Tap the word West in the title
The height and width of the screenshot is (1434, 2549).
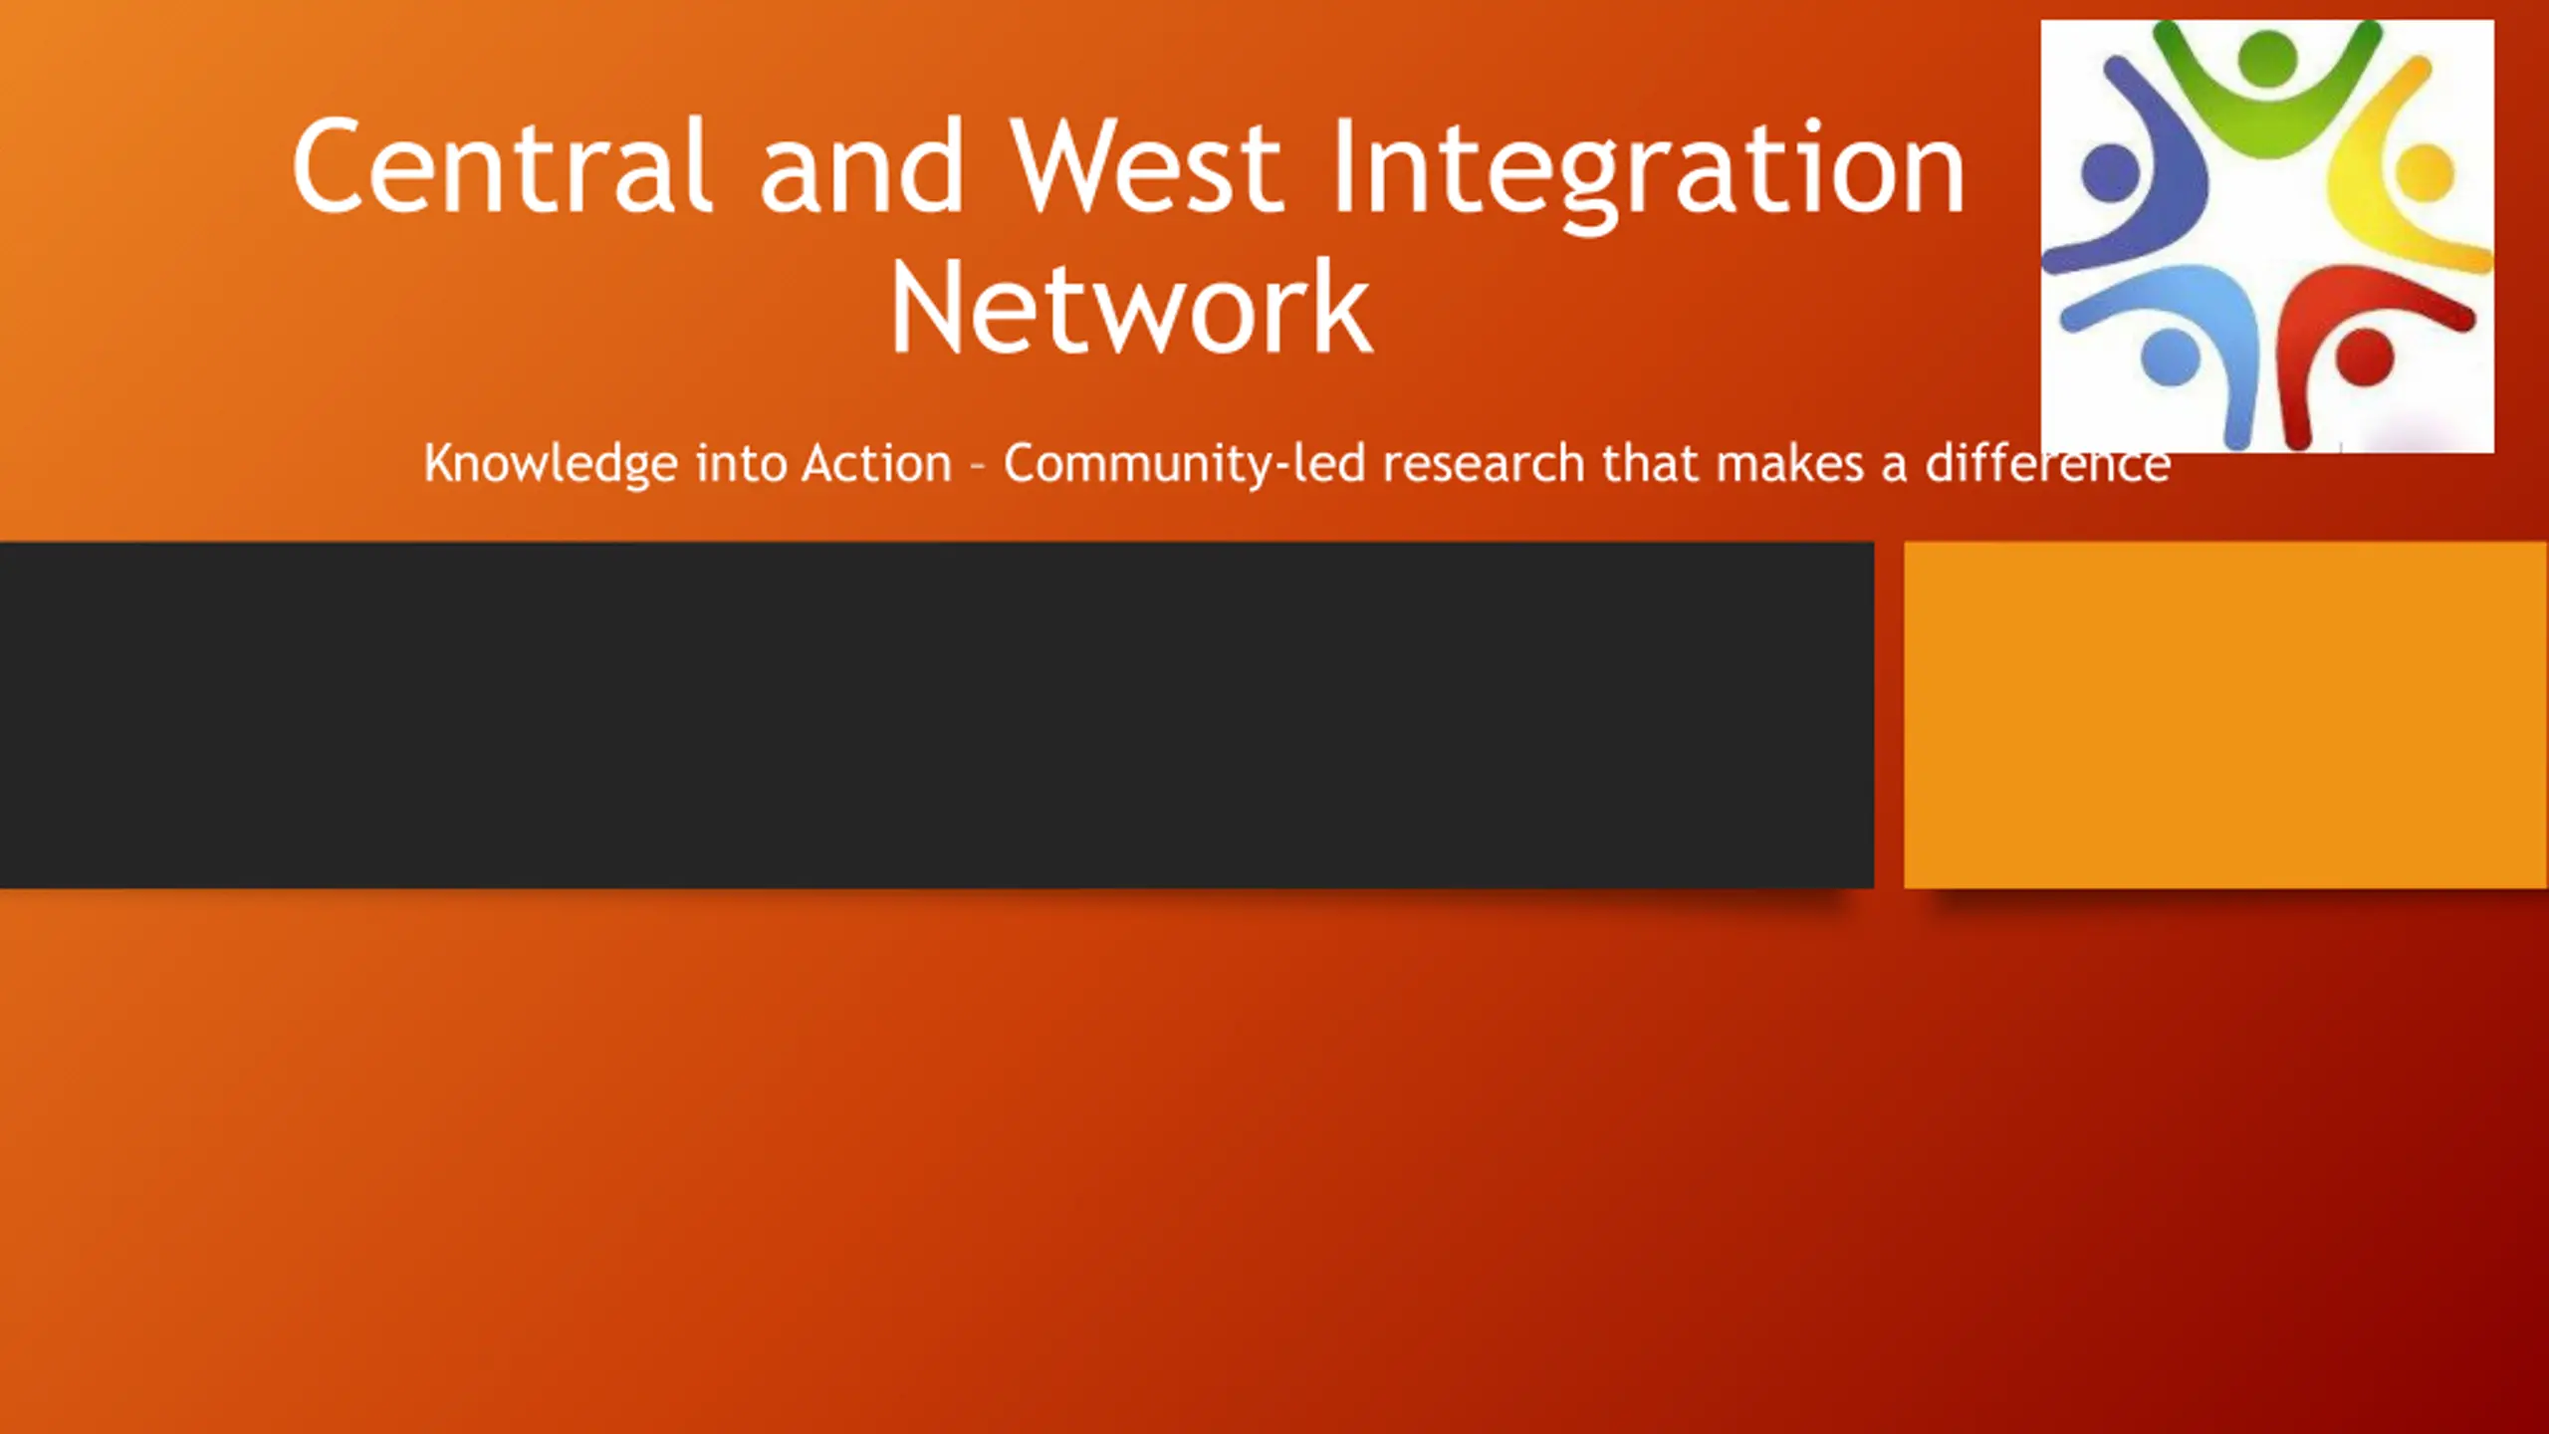1145,164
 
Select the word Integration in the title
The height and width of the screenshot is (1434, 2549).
1648,171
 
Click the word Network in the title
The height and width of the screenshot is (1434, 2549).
1131,306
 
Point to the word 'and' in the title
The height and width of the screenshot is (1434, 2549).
861,164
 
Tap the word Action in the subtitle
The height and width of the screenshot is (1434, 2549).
877,464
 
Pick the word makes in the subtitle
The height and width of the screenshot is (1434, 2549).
1789,464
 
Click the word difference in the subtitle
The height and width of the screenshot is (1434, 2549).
2048,464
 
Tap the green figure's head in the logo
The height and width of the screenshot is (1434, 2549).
2267,58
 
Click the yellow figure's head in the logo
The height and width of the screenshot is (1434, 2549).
2425,172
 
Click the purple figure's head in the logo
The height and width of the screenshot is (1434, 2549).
2110,172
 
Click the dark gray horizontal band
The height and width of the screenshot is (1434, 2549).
936,715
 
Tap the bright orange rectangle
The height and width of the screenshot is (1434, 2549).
2226,715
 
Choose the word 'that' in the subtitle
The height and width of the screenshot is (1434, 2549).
1650,464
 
